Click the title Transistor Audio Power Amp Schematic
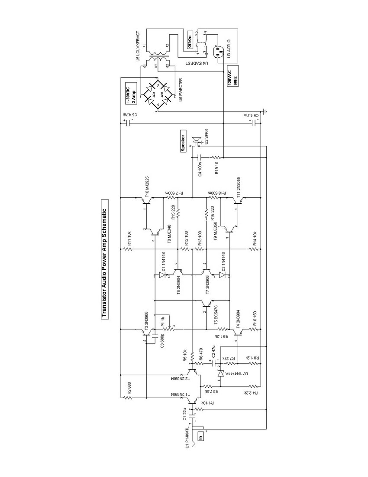click(104, 259)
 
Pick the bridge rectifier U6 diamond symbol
click(158, 94)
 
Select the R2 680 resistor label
click(129, 389)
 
